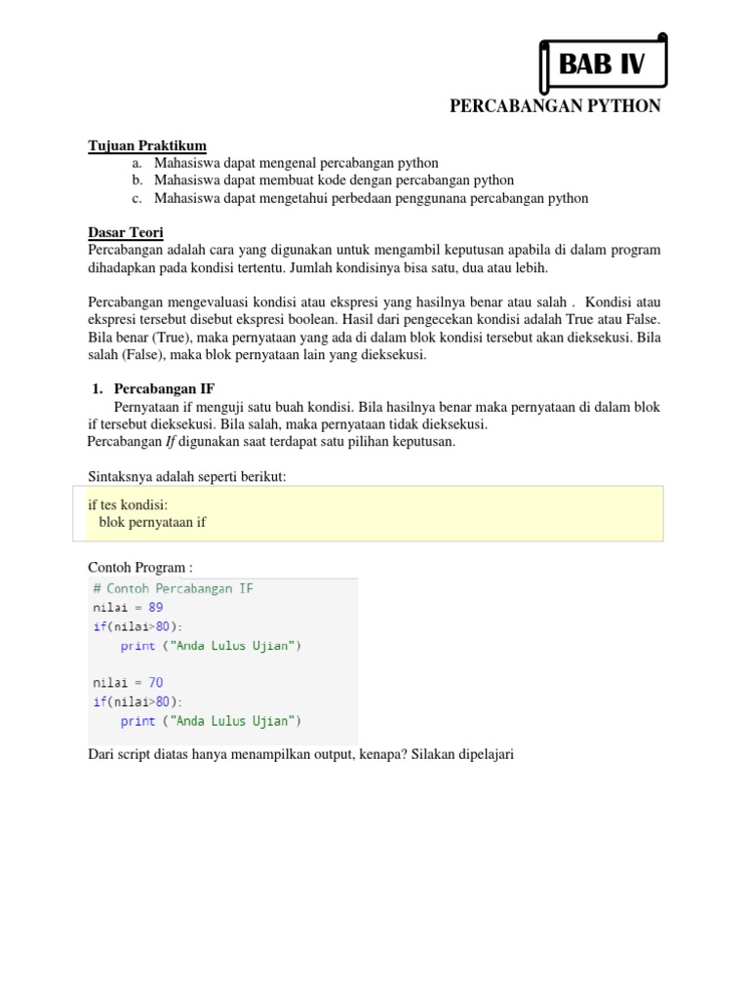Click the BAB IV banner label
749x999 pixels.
[x=602, y=65]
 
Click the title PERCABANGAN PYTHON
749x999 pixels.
[x=555, y=106]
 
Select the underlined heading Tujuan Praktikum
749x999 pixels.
[x=147, y=145]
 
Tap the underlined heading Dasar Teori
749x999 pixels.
[x=126, y=232]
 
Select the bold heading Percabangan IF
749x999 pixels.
[x=164, y=388]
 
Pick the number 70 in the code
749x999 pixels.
[x=156, y=683]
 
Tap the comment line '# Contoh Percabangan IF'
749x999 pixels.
[x=174, y=588]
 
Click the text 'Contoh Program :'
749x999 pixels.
[x=140, y=567]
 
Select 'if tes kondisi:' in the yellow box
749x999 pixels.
[x=128, y=505]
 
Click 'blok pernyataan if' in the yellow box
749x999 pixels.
[x=153, y=522]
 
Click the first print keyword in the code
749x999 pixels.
[x=138, y=645]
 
